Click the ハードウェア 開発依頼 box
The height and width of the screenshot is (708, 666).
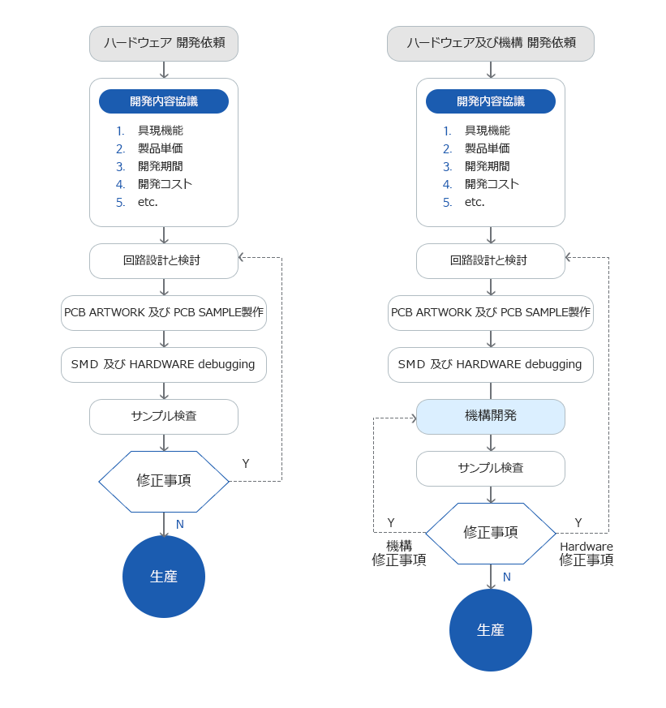(164, 43)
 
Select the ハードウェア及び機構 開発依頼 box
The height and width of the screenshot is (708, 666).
(491, 43)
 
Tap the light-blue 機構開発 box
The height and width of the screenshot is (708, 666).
(491, 416)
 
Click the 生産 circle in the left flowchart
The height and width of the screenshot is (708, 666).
(164, 577)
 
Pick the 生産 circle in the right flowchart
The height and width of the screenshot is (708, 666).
(491, 630)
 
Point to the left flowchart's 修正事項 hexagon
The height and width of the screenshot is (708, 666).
(164, 481)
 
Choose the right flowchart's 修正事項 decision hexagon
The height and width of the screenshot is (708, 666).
(491, 533)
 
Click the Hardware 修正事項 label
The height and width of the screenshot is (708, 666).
(587, 553)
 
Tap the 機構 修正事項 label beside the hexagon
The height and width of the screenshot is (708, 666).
(399, 553)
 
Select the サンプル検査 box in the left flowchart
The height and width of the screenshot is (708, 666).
(164, 416)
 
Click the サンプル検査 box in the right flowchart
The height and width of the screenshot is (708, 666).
(491, 468)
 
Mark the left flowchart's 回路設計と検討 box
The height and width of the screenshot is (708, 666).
(164, 260)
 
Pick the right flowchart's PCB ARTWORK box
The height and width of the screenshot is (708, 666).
(491, 312)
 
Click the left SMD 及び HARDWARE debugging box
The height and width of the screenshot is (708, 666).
(164, 364)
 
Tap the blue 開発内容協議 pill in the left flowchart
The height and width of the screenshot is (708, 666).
(164, 101)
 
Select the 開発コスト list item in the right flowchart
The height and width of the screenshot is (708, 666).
(492, 184)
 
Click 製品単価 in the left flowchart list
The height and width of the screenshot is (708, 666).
(160, 148)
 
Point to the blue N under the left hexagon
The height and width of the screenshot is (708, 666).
(180, 525)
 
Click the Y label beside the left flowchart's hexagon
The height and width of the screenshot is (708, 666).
(246, 463)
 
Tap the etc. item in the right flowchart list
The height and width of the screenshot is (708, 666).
(475, 202)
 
